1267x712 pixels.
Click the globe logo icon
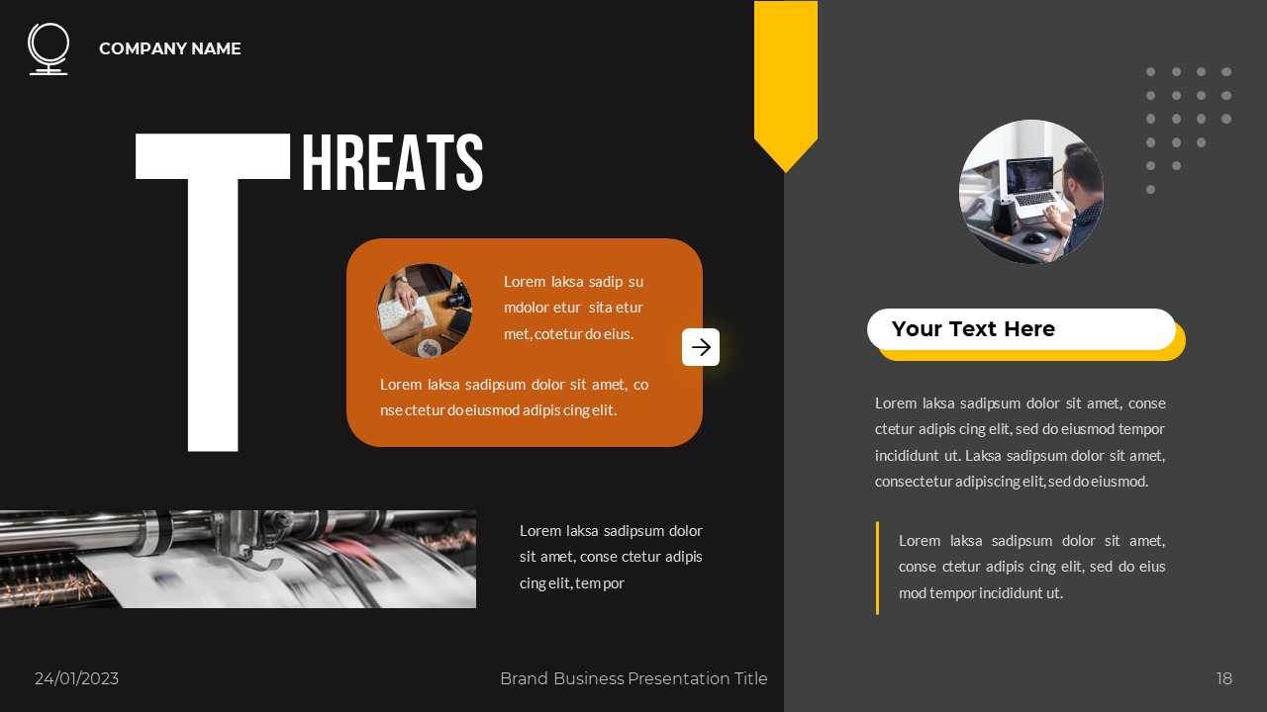point(48,48)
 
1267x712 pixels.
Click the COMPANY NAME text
point(170,48)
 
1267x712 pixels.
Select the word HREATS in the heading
point(392,163)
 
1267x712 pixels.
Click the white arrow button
point(701,347)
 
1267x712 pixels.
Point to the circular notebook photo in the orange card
point(425,310)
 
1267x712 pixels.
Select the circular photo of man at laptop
point(1030,192)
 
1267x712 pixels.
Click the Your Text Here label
point(973,329)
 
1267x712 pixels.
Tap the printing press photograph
point(238,559)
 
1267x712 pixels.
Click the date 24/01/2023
point(76,678)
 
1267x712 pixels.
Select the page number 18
point(1224,678)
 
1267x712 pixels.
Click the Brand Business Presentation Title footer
point(633,678)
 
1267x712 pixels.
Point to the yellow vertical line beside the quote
point(877,568)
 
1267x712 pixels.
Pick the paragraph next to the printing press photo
point(611,557)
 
